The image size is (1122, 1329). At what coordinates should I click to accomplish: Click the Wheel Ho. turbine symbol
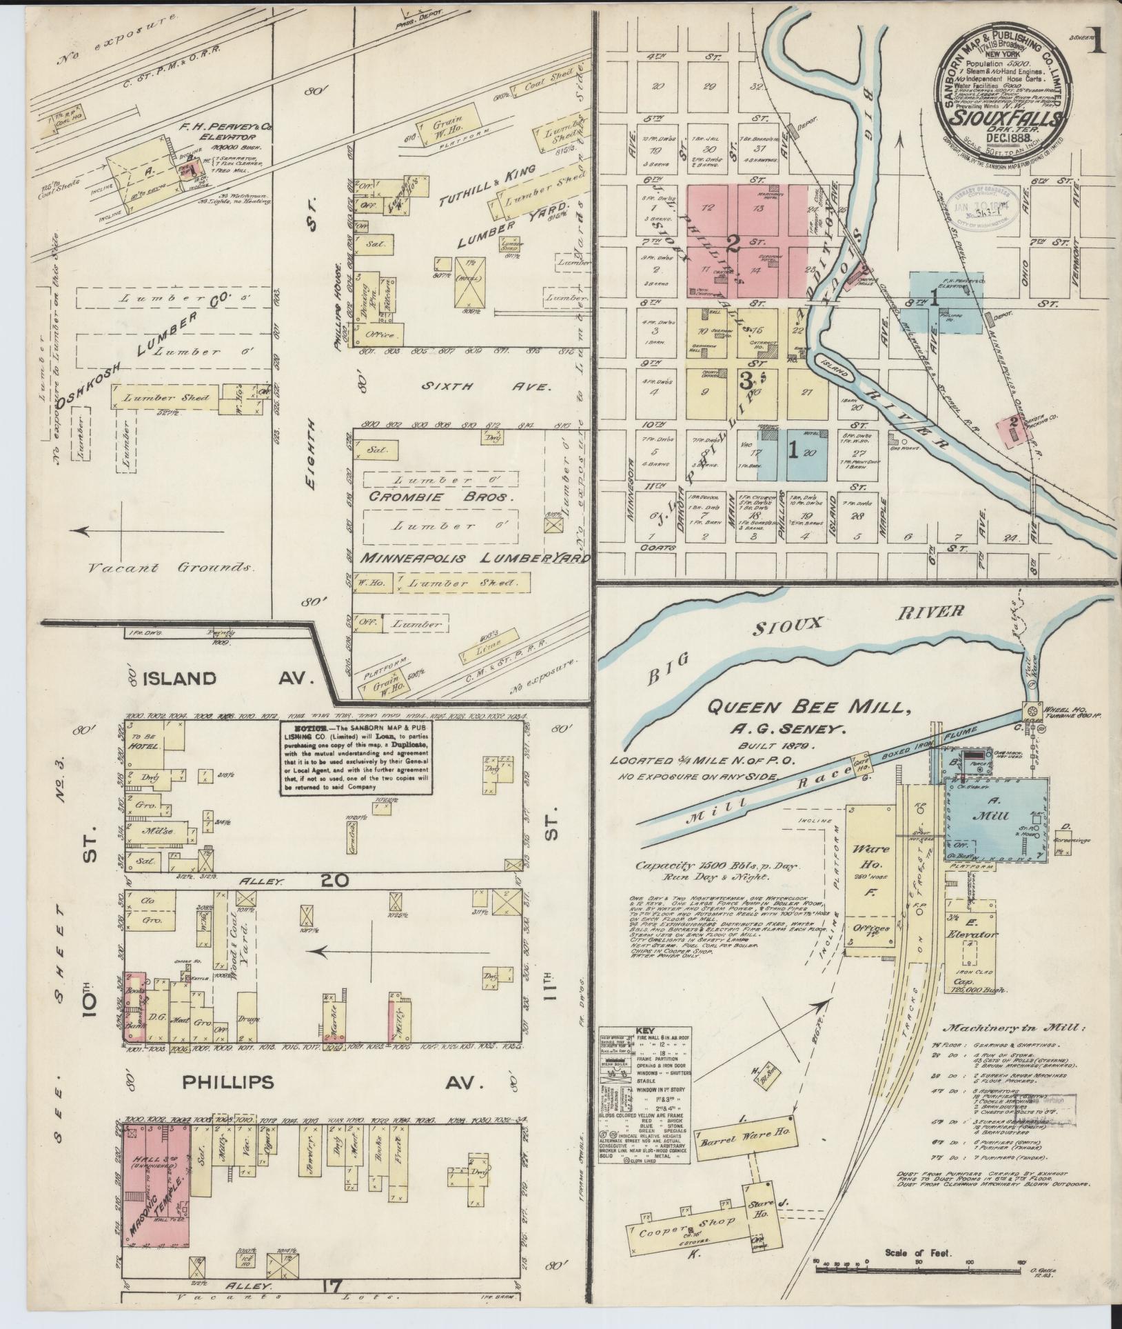1032,711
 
